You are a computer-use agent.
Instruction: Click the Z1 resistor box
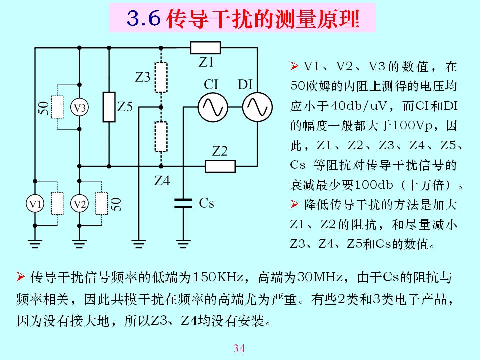pos(205,48)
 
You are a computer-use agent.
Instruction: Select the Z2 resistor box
pos(220,166)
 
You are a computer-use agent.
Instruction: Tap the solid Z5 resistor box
pos(109,107)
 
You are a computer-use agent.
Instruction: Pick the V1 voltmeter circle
pos(35,203)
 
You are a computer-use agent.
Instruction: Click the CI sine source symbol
pos(213,107)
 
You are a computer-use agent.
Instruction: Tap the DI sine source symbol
pos(257,107)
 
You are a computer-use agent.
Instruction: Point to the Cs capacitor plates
pos(183,203)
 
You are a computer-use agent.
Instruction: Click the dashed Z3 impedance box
pos(160,78)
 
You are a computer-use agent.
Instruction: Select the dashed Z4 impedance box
pos(160,135)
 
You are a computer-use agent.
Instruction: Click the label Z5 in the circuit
pos(125,107)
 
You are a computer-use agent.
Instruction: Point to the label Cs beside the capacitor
pos(206,203)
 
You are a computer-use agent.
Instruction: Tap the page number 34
pos(239,348)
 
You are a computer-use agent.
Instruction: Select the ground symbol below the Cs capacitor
pos(183,243)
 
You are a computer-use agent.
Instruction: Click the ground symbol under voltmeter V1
pos(35,243)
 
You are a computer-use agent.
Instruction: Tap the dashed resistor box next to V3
pos(57,107)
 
